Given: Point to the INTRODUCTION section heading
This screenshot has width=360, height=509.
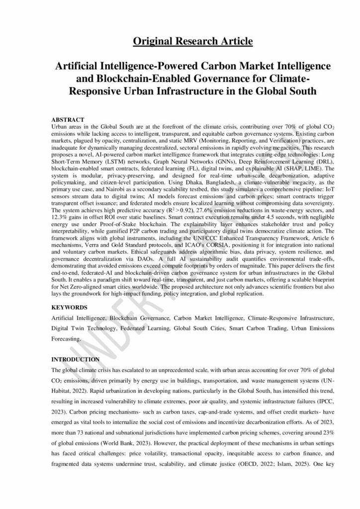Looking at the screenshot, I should (x=76, y=359).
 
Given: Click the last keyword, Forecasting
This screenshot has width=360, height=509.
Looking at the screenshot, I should (x=67, y=339).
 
